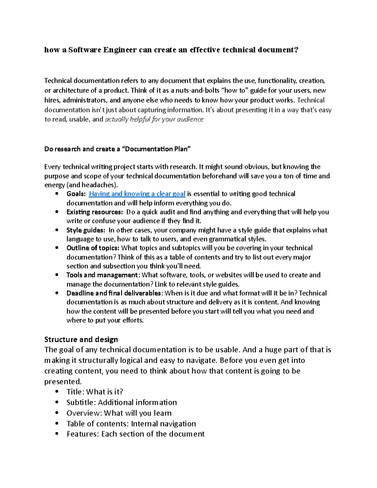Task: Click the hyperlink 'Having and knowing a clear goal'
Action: click(x=137, y=194)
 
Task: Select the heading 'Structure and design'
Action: click(x=81, y=339)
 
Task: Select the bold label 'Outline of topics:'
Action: click(x=93, y=248)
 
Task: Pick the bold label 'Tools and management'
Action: click(x=102, y=275)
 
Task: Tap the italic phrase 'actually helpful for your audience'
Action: click(x=154, y=119)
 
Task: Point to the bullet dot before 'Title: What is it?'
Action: click(x=57, y=392)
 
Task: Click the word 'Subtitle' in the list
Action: click(x=81, y=403)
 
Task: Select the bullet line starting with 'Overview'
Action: click(x=119, y=413)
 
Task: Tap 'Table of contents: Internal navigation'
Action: click(x=131, y=424)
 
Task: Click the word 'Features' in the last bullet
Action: click(x=83, y=434)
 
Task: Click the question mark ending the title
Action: click(x=296, y=50)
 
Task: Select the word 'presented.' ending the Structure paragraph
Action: click(x=63, y=382)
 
